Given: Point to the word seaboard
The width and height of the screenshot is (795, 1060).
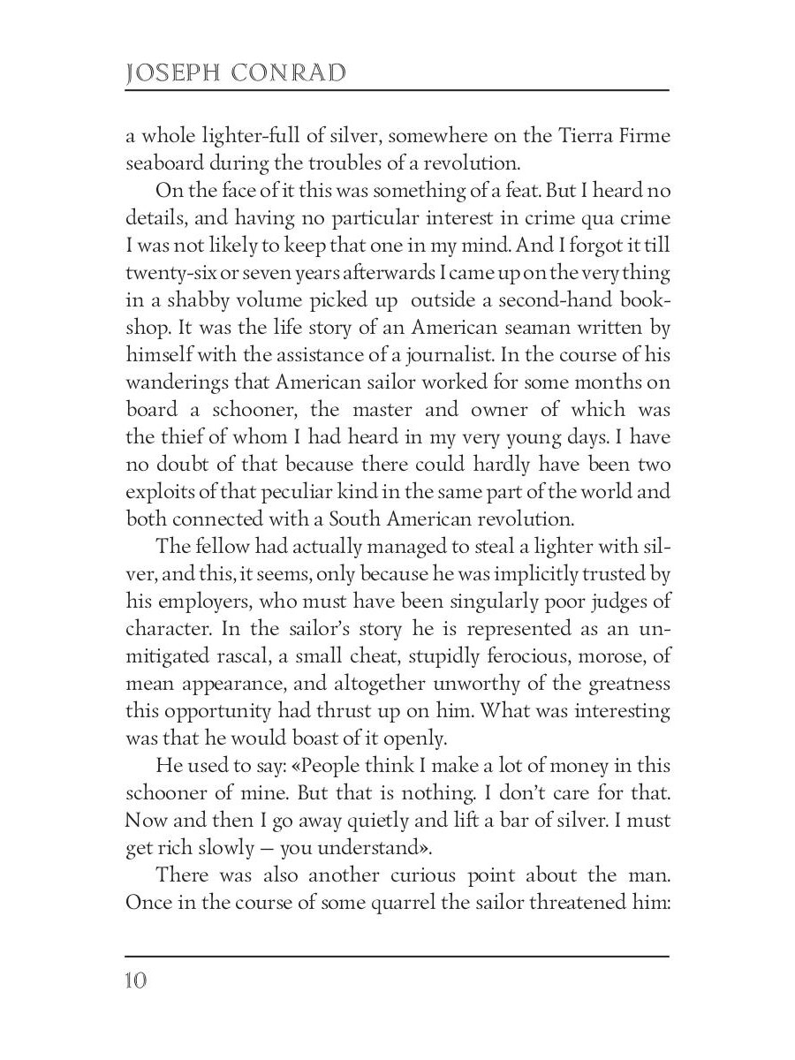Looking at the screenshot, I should click(x=164, y=163).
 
